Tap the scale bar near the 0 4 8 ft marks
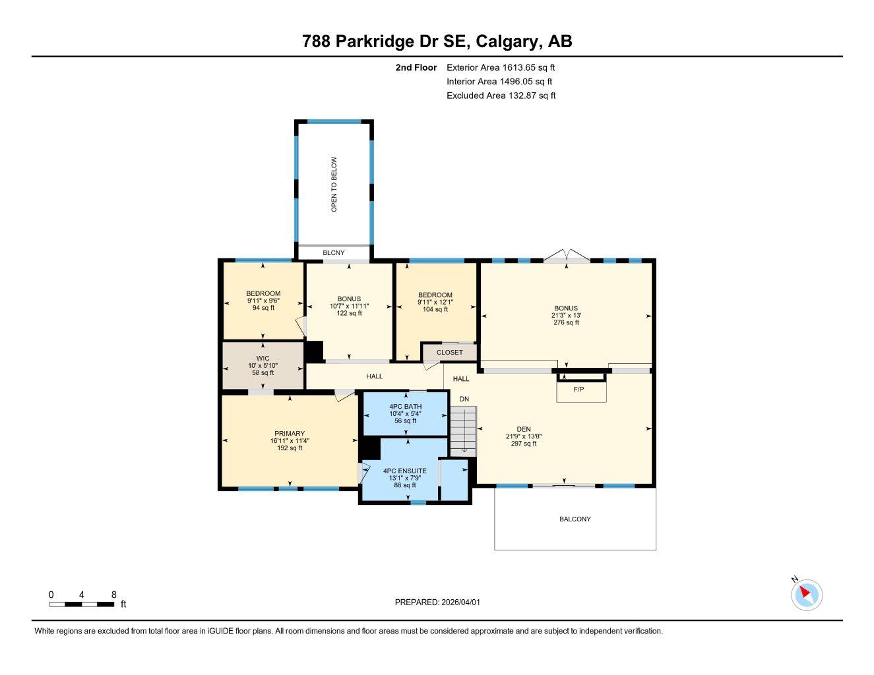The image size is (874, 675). coord(82,604)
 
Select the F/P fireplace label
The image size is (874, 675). coord(578,390)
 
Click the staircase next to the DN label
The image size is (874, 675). coord(463,428)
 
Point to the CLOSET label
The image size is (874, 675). coord(450,353)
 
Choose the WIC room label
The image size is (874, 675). coord(263,359)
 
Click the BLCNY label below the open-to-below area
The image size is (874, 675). coord(333,253)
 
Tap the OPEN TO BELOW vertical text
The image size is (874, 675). coord(334,184)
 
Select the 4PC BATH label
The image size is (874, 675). coord(406,406)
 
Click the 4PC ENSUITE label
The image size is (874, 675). coord(405,471)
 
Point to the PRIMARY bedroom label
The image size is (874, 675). coord(290,434)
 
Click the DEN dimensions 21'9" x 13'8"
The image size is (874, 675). coord(524,436)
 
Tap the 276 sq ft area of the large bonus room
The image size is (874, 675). coord(566,323)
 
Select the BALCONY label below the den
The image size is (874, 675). coord(575,519)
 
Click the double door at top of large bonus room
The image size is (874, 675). coord(567,256)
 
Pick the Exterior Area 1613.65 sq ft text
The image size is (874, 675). coord(501,67)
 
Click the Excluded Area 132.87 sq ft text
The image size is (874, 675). coord(501,96)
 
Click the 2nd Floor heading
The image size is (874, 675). coord(416,67)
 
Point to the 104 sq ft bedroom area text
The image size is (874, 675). coord(435,309)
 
